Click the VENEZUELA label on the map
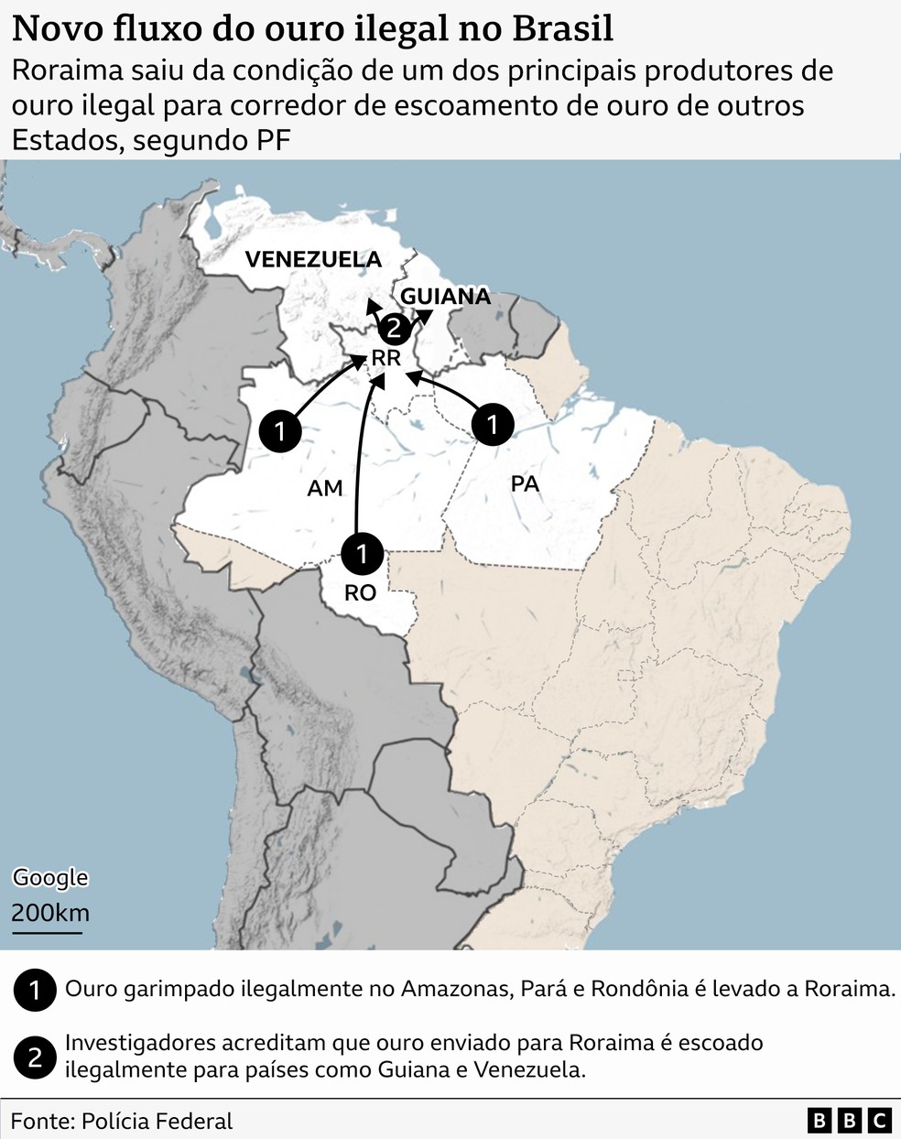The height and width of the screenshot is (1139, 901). pos(313,260)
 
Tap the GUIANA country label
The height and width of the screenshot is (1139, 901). pos(446,297)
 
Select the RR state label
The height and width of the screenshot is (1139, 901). pos(385,358)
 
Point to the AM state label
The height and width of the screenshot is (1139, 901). pos(325,488)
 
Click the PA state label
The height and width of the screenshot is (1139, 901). pos(525,483)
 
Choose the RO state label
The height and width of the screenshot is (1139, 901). pos(360,593)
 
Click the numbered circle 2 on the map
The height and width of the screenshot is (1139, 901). pos(393,328)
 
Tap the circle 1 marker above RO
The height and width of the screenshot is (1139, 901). pos(362,553)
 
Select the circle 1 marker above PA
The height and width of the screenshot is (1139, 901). pos(493,424)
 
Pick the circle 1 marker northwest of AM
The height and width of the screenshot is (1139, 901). pos(280,430)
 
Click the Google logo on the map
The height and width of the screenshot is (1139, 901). pos(50,877)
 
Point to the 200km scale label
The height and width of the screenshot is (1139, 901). pos(50,913)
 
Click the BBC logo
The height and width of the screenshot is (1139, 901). pos(849,1120)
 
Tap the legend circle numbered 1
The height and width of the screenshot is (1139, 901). pos(35,991)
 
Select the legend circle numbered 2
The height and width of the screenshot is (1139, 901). pos(35,1058)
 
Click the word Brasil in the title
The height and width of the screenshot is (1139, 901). pos(562,29)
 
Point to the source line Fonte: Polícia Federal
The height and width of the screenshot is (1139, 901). pos(122,1121)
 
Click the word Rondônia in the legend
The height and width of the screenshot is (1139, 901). pos(639,989)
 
